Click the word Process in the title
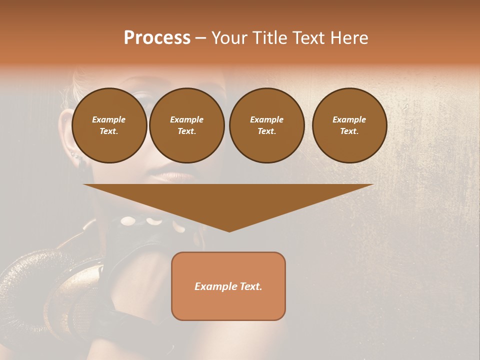click(x=157, y=38)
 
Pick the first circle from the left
click(x=109, y=125)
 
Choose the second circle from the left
click(x=187, y=125)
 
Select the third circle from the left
click(x=266, y=125)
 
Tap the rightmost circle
click(x=349, y=125)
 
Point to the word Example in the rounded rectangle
click(x=215, y=286)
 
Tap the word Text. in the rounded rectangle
click(x=250, y=286)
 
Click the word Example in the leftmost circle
click(x=109, y=120)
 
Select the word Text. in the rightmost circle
click(x=349, y=131)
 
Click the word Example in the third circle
click(x=266, y=120)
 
